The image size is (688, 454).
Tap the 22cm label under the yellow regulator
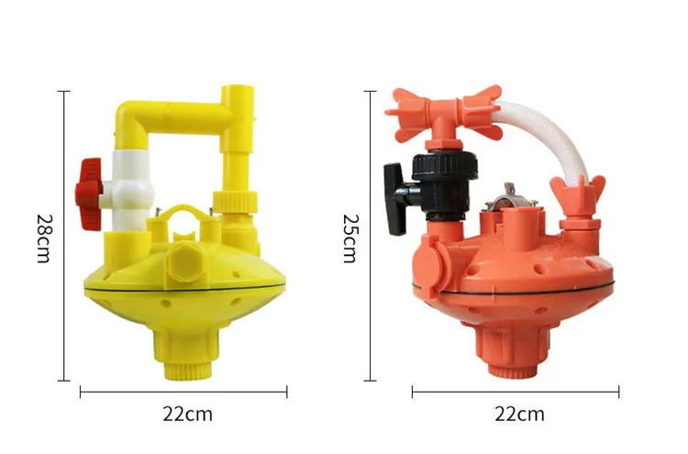click(x=187, y=414)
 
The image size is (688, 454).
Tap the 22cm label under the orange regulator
click(x=519, y=414)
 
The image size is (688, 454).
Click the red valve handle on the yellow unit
click(x=90, y=182)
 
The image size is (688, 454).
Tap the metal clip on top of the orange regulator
click(x=504, y=196)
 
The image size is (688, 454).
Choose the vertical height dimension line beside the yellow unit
click(x=65, y=236)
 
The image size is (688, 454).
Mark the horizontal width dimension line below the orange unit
click(x=515, y=392)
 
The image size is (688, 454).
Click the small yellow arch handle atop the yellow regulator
click(x=185, y=214)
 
